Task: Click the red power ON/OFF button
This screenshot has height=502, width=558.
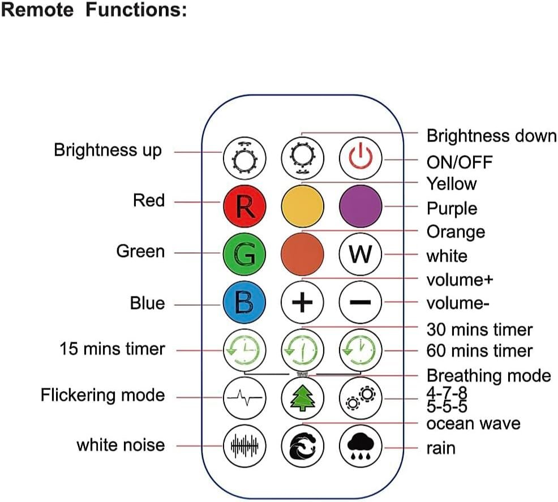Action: (360, 156)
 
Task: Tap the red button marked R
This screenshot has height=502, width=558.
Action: (244, 205)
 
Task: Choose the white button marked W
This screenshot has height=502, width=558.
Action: (360, 254)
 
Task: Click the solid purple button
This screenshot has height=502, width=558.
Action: (360, 205)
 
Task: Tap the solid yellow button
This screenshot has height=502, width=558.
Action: (302, 205)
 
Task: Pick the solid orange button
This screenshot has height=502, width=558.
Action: (302, 254)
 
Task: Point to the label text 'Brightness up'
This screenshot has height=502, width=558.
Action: (108, 151)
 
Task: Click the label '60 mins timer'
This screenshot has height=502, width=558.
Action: (479, 350)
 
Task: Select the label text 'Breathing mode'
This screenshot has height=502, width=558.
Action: (488, 375)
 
